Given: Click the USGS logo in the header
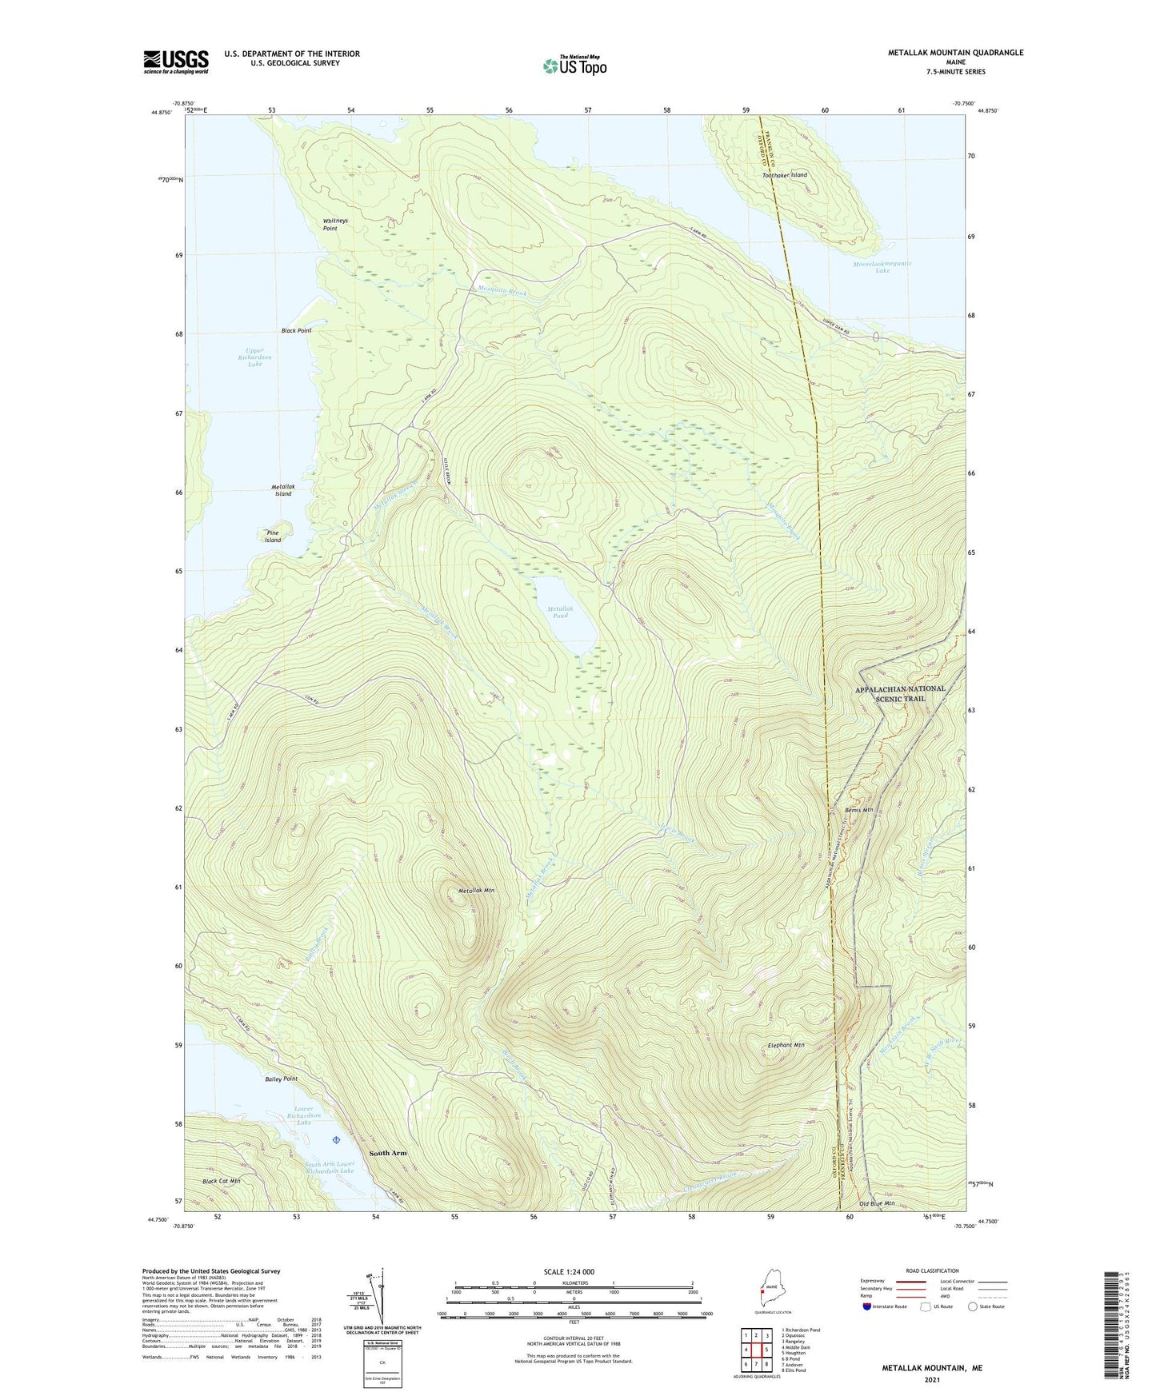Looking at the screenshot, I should tap(176, 62).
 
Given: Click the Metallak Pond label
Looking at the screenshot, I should tap(559, 612).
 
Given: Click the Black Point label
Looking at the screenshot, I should tap(295, 330).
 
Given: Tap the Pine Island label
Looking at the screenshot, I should tap(273, 536).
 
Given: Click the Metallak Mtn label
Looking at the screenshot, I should tap(476, 890).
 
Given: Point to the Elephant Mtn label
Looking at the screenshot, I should tap(786, 1045).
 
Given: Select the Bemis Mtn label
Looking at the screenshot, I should tap(859, 811).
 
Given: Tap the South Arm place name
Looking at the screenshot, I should tap(388, 1153).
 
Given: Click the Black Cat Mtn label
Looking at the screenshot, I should tap(221, 1180).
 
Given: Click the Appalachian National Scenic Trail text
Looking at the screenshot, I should tap(900, 693).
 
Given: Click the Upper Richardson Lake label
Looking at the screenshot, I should tap(254, 357).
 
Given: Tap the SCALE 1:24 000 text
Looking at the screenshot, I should tap(568, 1271).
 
